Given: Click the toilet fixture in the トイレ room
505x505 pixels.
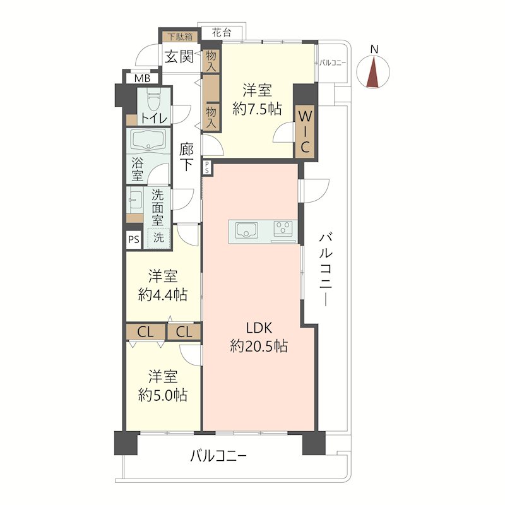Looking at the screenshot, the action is [x=153, y=102].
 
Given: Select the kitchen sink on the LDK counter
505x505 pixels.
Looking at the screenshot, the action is [x=247, y=230].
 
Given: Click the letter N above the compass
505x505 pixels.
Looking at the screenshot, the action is [x=374, y=49].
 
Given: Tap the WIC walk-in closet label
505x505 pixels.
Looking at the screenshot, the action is [x=305, y=133].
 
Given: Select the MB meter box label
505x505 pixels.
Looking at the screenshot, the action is [x=143, y=78].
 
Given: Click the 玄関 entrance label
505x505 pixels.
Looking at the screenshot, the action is [x=179, y=57].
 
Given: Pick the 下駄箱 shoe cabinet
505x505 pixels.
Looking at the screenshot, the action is [x=181, y=37].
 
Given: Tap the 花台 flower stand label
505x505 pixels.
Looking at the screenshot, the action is [x=222, y=33].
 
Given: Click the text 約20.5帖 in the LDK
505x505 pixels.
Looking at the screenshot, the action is [x=259, y=347].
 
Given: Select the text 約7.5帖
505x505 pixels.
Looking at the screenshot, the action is [x=257, y=109].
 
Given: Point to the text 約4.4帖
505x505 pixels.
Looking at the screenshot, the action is [x=163, y=295].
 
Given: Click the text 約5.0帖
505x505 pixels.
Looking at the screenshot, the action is [x=163, y=395].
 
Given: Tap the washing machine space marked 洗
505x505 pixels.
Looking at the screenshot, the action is [x=158, y=238].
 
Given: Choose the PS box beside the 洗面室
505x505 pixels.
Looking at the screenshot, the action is [x=134, y=240].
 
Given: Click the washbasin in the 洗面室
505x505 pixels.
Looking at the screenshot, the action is [x=134, y=200].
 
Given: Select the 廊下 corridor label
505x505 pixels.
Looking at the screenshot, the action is [x=186, y=157].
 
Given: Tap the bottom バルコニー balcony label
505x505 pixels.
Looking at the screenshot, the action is [x=218, y=456].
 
